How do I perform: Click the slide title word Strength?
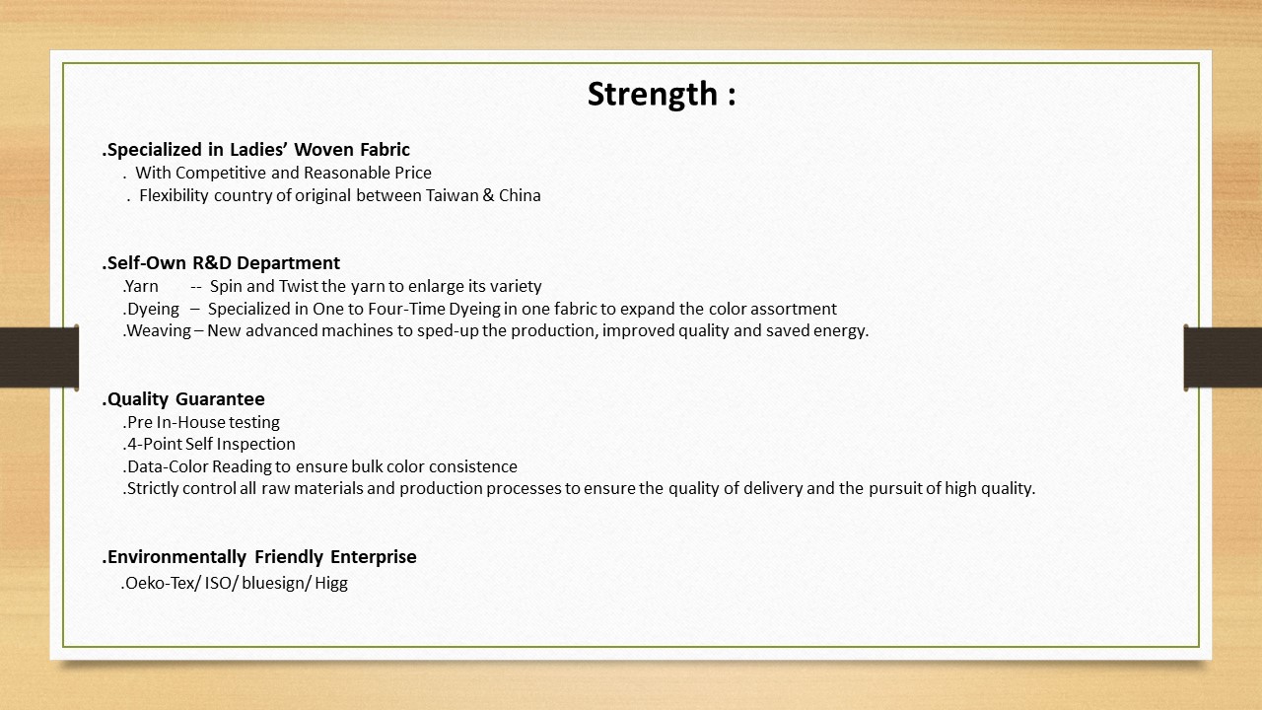click(x=653, y=94)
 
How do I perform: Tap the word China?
click(x=520, y=195)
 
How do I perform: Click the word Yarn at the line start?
click(x=142, y=287)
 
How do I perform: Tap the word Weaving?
click(x=159, y=331)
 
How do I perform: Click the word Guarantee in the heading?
click(x=220, y=399)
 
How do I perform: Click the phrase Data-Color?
click(x=168, y=466)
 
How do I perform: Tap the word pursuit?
click(x=896, y=488)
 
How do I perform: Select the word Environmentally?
click(x=176, y=557)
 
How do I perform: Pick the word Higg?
click(x=331, y=583)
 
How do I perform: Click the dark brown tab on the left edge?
click(x=38, y=357)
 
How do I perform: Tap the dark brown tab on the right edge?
click(x=1224, y=357)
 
